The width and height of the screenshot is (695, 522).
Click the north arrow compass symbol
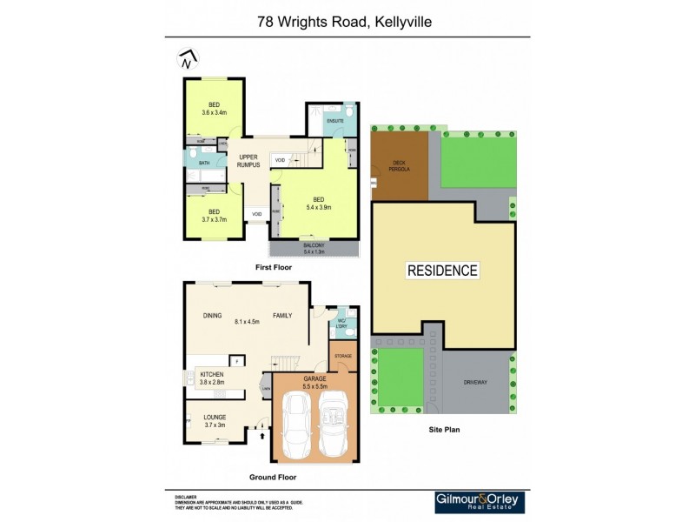point(187,60)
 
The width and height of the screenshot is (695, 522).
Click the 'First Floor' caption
point(273,268)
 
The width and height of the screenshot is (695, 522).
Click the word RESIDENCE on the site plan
point(442,271)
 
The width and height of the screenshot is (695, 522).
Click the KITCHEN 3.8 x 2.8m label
point(212,378)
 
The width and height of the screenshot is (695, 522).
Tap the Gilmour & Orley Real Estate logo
point(480,502)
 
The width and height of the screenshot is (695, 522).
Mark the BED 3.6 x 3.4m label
point(214,109)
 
